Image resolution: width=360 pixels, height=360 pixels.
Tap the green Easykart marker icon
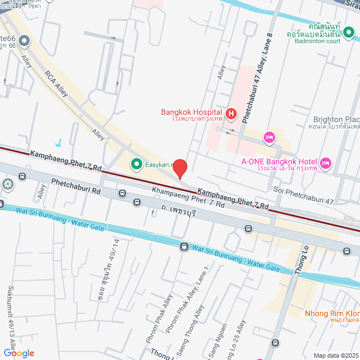136,164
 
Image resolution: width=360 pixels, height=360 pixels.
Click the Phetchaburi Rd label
75,186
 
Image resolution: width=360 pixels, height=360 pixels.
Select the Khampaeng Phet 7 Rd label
189,197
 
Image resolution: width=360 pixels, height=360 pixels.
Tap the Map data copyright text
336,355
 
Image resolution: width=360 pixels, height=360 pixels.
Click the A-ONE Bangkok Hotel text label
279,162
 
